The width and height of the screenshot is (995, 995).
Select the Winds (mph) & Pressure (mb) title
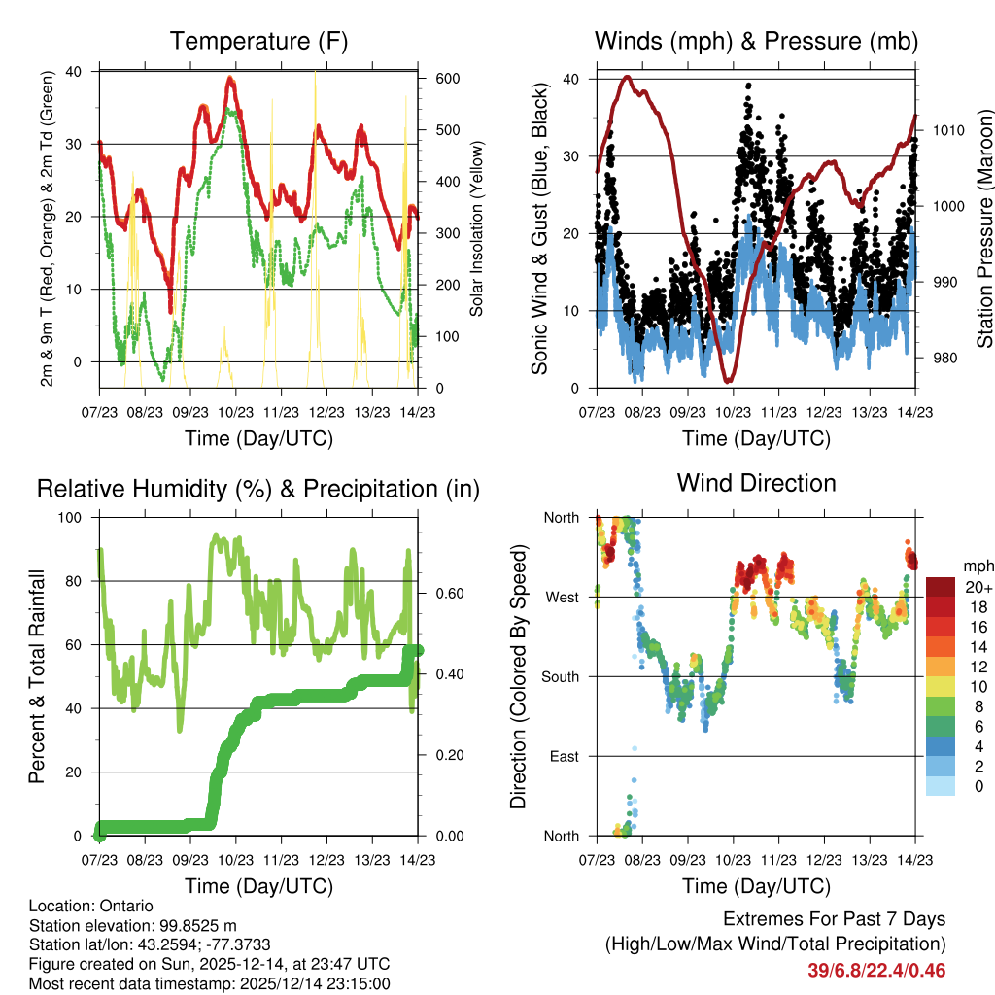click(756, 41)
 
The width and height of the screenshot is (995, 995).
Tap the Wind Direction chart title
click(756, 483)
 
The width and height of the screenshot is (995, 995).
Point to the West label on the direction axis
click(563, 597)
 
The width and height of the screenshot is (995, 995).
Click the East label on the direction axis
click(564, 756)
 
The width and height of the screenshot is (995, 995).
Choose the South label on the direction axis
click(561, 676)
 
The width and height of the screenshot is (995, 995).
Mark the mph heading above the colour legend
click(977, 566)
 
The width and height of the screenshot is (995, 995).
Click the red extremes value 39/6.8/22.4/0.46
click(876, 971)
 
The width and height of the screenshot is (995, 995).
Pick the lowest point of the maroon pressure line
click(728, 381)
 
